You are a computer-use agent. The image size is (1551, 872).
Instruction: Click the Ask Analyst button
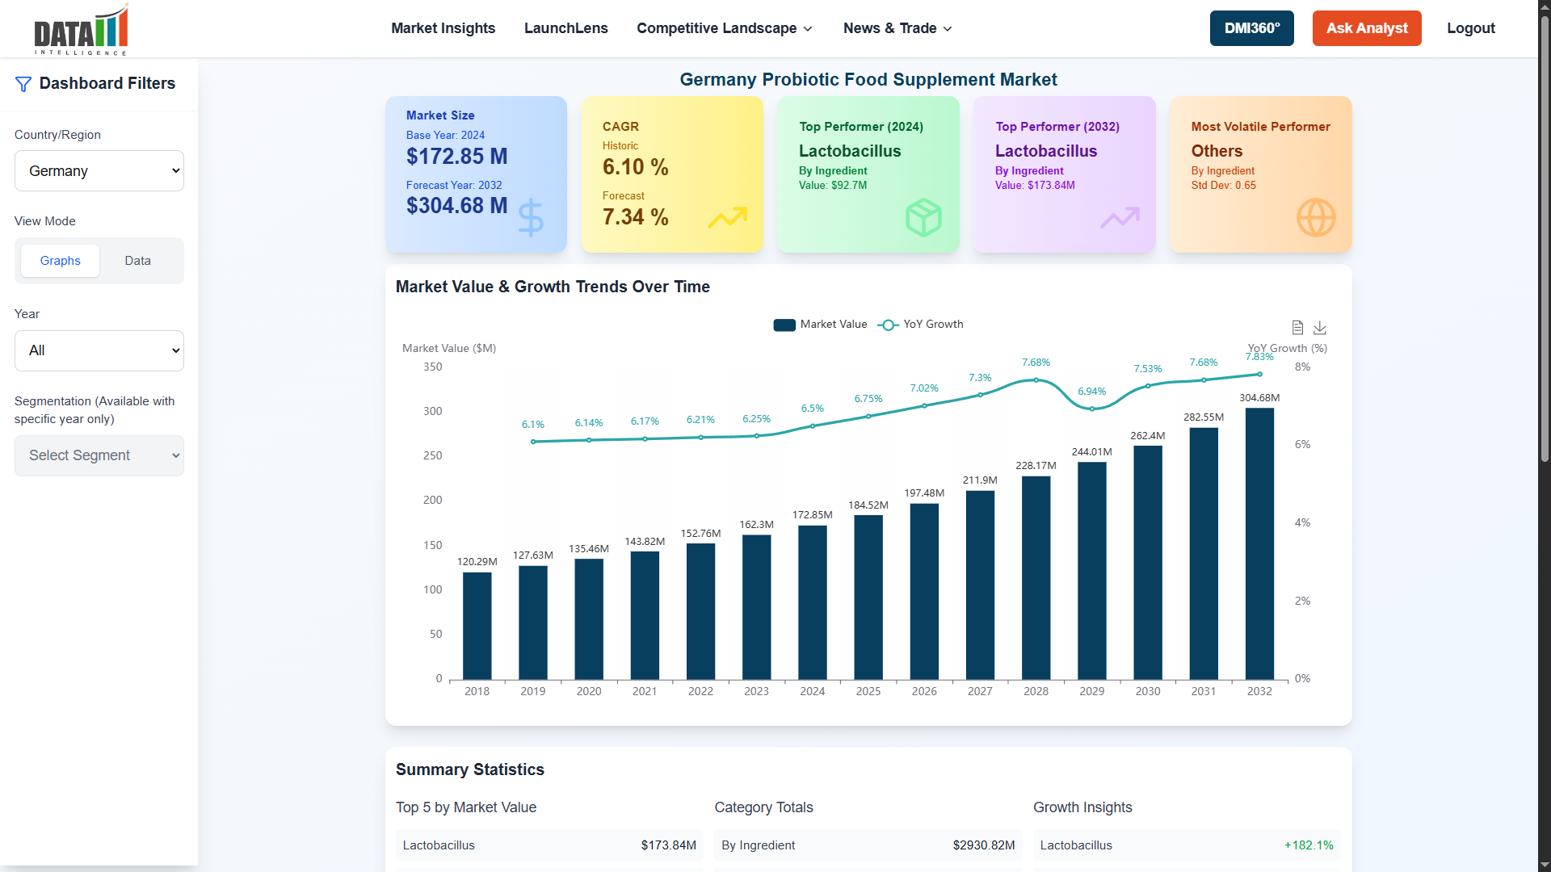pos(1366,28)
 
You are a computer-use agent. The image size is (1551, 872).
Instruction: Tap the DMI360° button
pos(1251,28)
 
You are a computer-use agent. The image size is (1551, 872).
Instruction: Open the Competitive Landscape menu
pos(724,28)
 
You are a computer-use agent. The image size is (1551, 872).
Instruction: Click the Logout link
pos(1470,28)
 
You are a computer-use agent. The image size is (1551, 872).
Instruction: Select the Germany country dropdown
pos(99,171)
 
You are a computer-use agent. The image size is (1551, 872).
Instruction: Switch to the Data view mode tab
pos(137,261)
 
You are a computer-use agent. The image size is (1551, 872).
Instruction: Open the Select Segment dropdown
pos(99,456)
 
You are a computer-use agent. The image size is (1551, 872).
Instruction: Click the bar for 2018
pos(477,626)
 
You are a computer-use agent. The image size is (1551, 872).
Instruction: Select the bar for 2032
pos(1259,543)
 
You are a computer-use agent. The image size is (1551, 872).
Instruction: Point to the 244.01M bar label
pos(1091,452)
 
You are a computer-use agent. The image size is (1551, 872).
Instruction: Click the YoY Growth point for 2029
pos(1091,409)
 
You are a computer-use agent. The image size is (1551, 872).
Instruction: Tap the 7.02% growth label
pos(924,388)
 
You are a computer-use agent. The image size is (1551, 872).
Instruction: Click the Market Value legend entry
pos(820,325)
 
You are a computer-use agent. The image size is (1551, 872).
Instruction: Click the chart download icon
pos(1320,328)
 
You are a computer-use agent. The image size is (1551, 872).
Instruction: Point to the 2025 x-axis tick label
pos(868,692)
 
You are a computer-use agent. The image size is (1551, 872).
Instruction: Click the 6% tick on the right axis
pos(1302,445)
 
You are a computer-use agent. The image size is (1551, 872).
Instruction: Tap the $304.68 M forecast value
pos(456,206)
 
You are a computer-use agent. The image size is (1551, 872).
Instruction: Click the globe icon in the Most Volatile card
pos(1315,218)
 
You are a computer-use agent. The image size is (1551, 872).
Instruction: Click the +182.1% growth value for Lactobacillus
pos(1308,845)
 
